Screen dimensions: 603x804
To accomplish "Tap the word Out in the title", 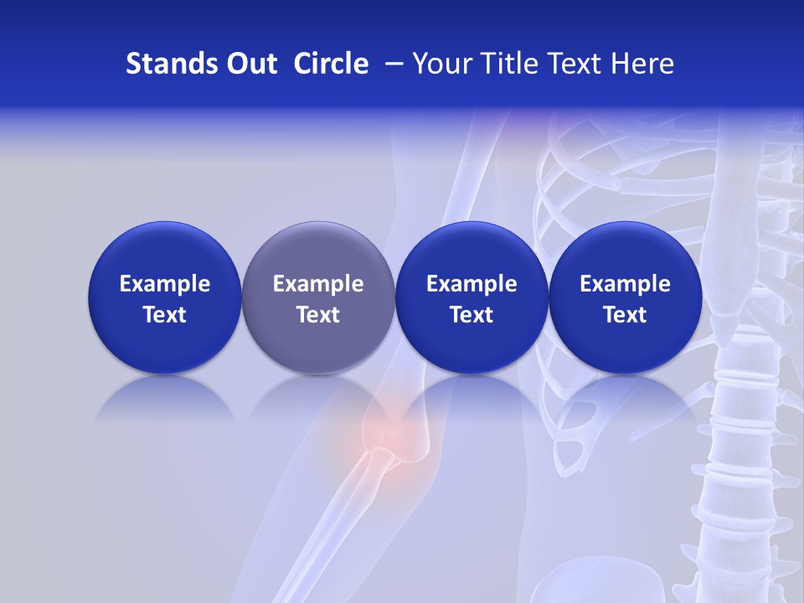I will tap(249, 64).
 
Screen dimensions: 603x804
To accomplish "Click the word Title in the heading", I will tap(503, 64).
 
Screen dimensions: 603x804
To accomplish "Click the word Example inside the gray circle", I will tap(318, 284).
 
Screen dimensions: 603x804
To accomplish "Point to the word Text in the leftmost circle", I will tap(165, 315).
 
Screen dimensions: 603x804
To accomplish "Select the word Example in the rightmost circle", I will tap(625, 284).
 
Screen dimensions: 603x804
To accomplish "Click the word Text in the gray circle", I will tap(318, 315).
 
